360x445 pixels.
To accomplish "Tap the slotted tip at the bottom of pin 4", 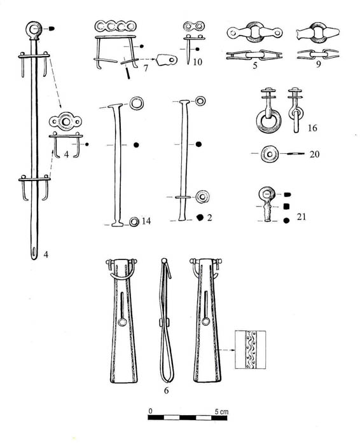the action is pos(34,252).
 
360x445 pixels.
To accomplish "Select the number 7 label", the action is pos(146,68).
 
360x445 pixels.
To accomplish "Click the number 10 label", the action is pos(197,62).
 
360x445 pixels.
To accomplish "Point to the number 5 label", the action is pos(254,65).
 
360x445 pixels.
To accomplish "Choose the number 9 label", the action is pos(318,64).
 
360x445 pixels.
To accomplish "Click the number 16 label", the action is pos(312,128).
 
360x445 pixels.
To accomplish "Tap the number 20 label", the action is pos(314,154).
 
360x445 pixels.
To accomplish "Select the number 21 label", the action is pos(301,217).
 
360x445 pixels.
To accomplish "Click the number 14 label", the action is pos(146,221).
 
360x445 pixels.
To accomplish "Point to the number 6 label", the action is pos(167,390).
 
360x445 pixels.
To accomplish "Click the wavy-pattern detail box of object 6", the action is pos(250,350).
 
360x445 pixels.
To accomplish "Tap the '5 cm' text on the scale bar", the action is pos(221,411).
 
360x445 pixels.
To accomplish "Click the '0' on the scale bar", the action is pos(151,411).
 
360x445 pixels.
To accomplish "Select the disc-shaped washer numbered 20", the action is pos(270,154).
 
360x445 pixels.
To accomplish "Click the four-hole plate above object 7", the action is pos(115,26).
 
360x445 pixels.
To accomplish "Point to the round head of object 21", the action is pos(267,194).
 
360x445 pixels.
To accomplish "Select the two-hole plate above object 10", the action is pos(195,26).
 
